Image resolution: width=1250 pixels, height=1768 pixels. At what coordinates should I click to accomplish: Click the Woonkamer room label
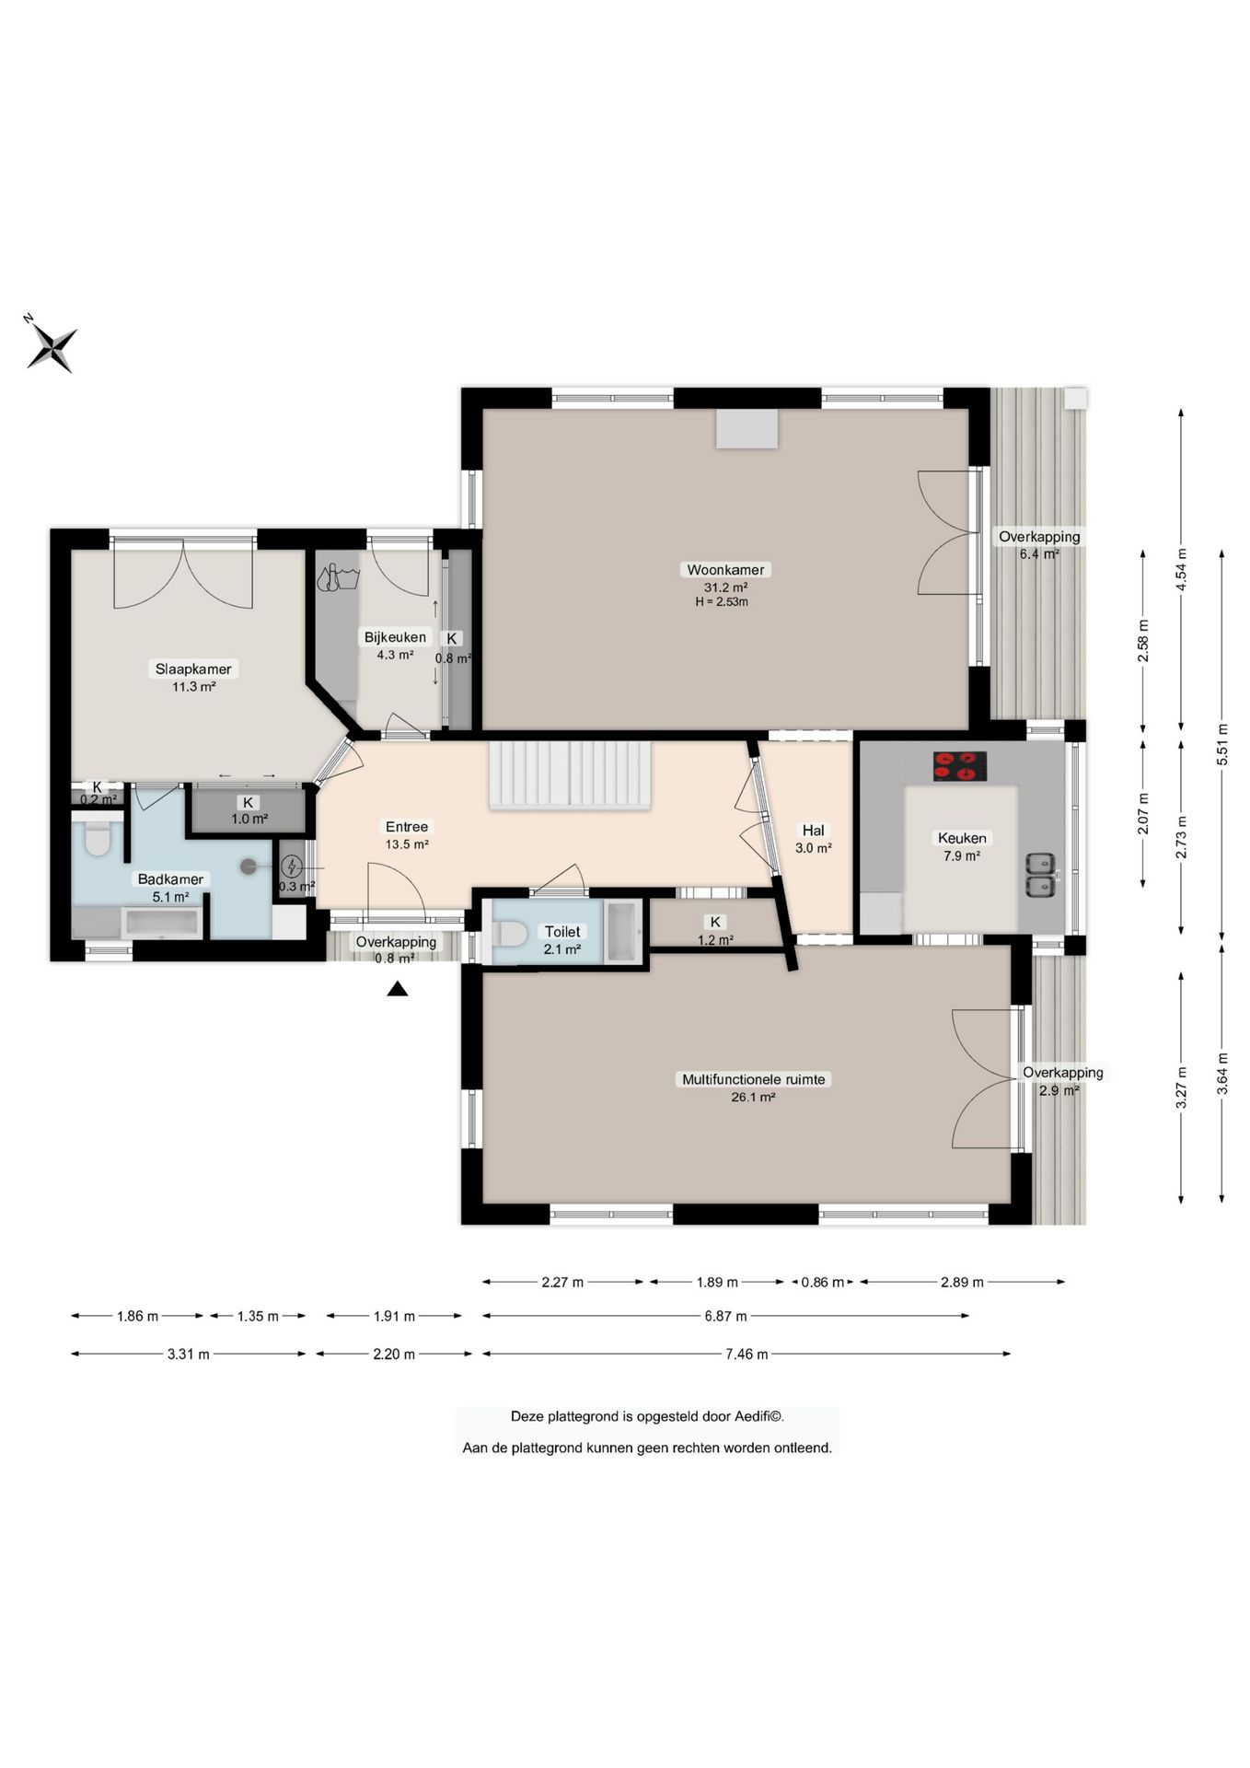(x=725, y=570)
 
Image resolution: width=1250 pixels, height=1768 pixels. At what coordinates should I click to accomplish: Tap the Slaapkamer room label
(x=193, y=669)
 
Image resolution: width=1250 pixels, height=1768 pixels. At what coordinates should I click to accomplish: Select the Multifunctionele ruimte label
(x=753, y=1079)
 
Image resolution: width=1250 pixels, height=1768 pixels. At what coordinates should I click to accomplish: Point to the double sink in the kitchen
(x=1041, y=875)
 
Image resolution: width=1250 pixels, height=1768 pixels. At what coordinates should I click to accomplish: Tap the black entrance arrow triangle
(x=397, y=989)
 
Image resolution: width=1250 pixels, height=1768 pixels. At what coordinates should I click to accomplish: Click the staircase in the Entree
(x=570, y=775)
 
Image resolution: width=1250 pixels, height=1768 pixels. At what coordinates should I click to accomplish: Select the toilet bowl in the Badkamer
(x=96, y=839)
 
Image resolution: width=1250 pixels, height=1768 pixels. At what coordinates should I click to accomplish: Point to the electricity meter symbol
(x=292, y=866)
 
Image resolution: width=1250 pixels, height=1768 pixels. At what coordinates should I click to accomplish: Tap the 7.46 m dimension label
(x=746, y=1355)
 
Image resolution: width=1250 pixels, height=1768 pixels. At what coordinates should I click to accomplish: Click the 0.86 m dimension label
(x=822, y=1282)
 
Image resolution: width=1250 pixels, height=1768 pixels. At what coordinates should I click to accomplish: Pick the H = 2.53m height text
(x=722, y=602)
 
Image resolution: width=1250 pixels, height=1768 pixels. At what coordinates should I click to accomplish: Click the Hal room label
(x=813, y=831)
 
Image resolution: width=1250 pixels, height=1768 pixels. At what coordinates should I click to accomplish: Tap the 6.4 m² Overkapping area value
(x=1039, y=554)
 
